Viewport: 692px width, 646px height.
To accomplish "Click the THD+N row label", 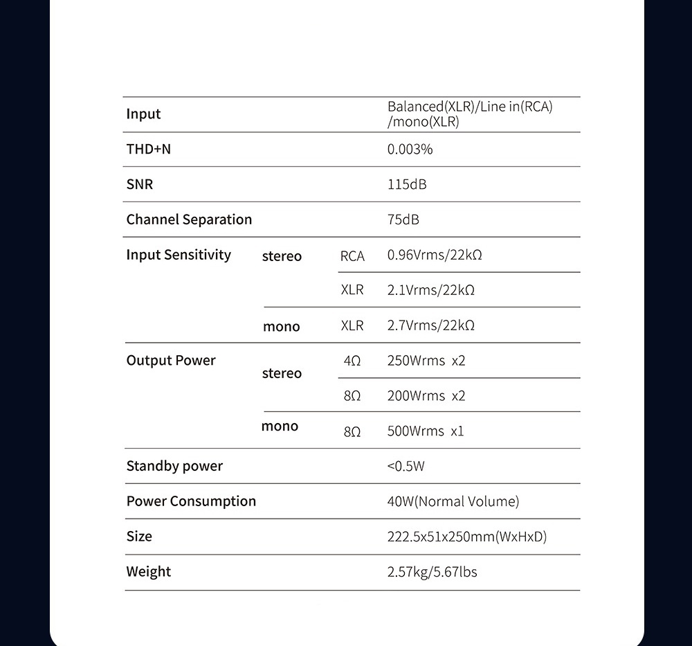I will point(148,149).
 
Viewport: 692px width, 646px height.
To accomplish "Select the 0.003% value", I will point(410,149).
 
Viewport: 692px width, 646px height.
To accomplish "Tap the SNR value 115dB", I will point(407,185).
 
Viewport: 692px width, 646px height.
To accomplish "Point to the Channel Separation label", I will point(189,219).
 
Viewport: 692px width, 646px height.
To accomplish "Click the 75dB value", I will point(403,219).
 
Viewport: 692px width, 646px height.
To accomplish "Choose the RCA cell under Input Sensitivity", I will point(352,255).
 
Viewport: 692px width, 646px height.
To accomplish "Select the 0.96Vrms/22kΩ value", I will point(434,255).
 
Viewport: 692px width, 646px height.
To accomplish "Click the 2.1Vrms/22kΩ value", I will point(430,290).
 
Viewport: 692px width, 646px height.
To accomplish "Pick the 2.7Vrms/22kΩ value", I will point(430,325).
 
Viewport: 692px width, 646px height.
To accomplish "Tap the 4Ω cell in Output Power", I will point(352,361).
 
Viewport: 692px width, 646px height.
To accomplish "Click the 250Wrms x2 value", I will point(426,361).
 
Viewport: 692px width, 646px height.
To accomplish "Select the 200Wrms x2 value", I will point(426,396).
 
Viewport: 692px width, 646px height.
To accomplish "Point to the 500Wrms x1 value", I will point(425,431).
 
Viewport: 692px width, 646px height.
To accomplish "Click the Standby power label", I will point(174,466).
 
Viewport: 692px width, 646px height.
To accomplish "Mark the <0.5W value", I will point(406,466).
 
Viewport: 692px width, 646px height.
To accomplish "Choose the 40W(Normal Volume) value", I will point(453,501).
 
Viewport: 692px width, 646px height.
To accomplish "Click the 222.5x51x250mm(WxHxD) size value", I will point(466,537).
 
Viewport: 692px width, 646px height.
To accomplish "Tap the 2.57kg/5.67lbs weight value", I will point(432,572).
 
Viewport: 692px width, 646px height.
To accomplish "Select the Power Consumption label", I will point(191,501).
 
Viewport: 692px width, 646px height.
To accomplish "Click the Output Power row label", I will point(171,361).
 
